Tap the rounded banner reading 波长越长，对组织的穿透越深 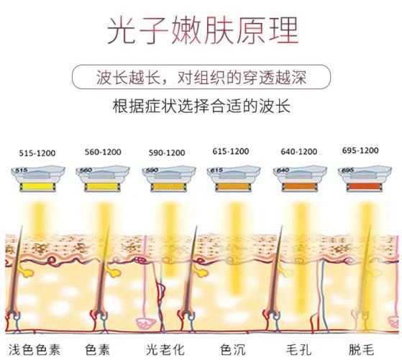tap(201, 76)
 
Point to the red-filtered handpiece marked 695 tap(359, 177)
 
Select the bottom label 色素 tap(98, 349)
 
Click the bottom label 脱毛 tap(363, 349)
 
